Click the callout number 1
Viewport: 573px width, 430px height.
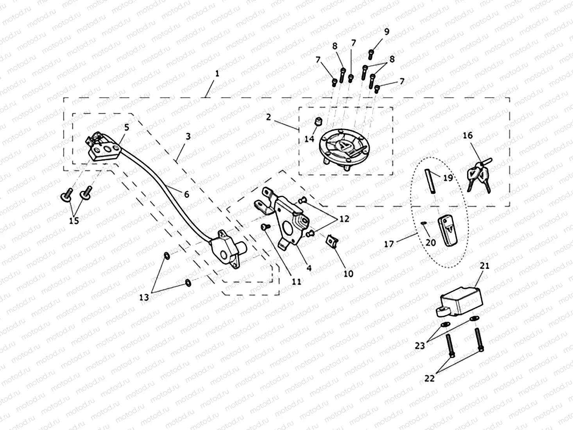[x=217, y=73]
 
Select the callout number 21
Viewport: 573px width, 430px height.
[x=485, y=266]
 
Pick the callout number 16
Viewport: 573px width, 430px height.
[x=467, y=135]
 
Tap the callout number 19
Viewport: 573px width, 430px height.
[x=448, y=178]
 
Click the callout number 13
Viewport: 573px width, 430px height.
[x=144, y=297]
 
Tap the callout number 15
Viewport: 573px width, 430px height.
[x=74, y=220]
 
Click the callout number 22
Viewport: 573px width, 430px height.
[x=429, y=378]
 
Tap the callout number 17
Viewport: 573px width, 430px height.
[x=389, y=244]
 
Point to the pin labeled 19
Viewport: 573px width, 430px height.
[x=430, y=180]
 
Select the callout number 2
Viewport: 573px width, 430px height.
[x=269, y=117]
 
